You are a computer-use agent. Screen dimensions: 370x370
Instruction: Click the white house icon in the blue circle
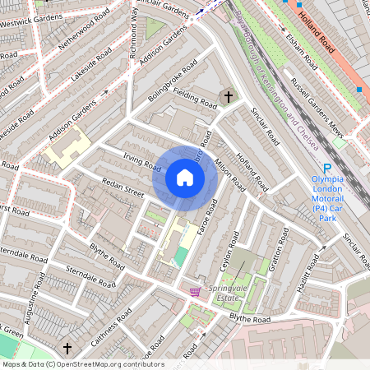[x=185, y=178]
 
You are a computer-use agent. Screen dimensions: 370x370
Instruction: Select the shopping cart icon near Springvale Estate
[x=195, y=291]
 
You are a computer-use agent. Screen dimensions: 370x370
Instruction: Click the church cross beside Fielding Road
[x=228, y=96]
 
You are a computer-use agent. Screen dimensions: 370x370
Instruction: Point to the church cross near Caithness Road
[x=67, y=349]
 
